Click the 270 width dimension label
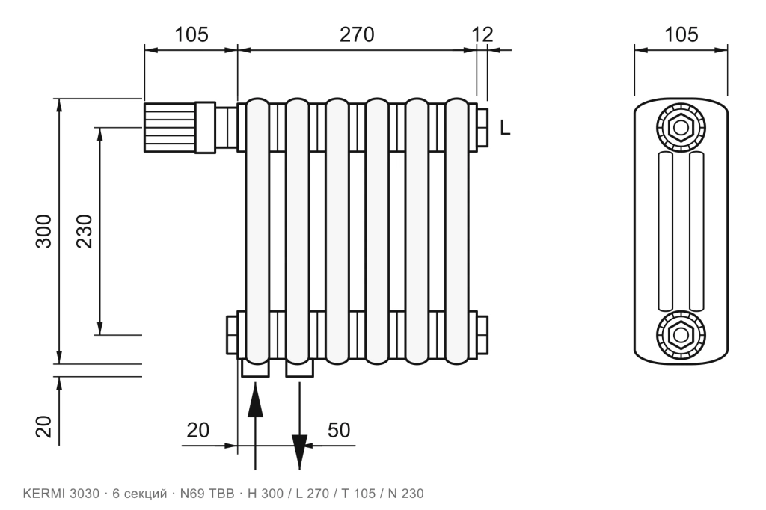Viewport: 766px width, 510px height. pyautogui.click(x=357, y=34)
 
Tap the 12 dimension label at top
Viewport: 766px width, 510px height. pyautogui.click(x=482, y=34)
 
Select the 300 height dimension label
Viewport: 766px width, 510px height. pyautogui.click(x=43, y=231)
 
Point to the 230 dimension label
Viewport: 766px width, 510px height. pyautogui.click(x=85, y=231)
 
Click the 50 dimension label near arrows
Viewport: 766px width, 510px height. pyautogui.click(x=339, y=430)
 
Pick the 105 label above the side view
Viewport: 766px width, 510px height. pyautogui.click(x=681, y=34)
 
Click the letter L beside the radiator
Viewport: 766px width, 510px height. pyautogui.click(x=505, y=128)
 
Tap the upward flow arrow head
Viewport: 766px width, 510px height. pyautogui.click(x=255, y=400)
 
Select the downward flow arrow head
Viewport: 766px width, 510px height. pyautogui.click(x=299, y=452)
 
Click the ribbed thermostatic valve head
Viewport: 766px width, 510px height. pyautogui.click(x=170, y=127)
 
